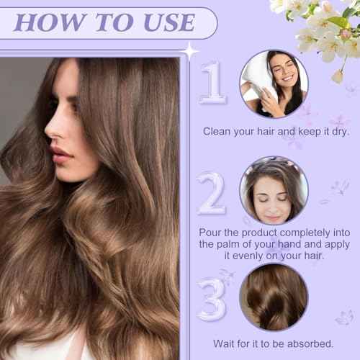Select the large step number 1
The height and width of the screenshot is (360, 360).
tap(213, 84)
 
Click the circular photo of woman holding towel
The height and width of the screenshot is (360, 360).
tap(274, 83)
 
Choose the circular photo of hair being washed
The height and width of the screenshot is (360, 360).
tap(274, 191)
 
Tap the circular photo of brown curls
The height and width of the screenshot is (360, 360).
tap(274, 297)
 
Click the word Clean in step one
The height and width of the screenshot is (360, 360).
tap(217, 132)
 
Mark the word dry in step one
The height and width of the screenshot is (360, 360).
tap(335, 132)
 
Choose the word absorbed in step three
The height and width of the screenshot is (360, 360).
tap(309, 343)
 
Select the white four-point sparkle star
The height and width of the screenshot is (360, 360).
tap(191, 50)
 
